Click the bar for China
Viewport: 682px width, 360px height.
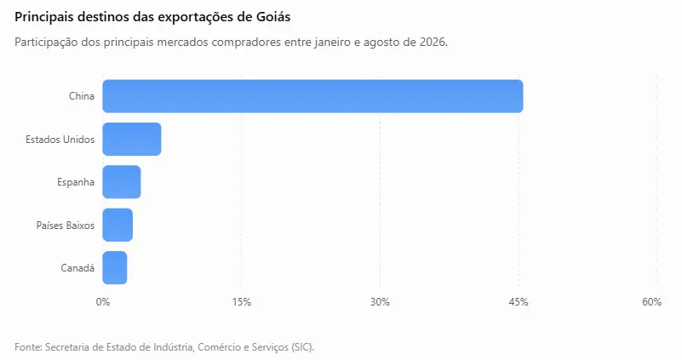[312, 96]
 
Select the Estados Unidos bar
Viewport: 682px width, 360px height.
[132, 139]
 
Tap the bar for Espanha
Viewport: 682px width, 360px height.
[122, 182]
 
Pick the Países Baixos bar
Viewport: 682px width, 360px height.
[117, 225]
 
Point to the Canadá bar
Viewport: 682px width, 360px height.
[115, 268]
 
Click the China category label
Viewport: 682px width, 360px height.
[82, 96]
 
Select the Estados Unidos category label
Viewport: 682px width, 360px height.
[60, 140]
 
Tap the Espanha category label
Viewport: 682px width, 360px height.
[76, 182]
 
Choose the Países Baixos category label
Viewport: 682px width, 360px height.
[66, 226]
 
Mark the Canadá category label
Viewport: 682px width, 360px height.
[77, 268]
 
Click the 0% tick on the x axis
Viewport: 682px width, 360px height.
[103, 302]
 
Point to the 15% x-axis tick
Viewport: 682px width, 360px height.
[242, 302]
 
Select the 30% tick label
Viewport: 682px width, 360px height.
[380, 302]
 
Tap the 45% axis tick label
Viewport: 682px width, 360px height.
[519, 302]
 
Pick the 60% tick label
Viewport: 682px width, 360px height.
[651, 302]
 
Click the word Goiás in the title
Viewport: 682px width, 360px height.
[272, 17]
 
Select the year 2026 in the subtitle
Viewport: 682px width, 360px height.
[433, 43]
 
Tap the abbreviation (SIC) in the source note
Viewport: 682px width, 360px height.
[303, 347]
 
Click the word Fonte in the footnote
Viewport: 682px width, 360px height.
[29, 347]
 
